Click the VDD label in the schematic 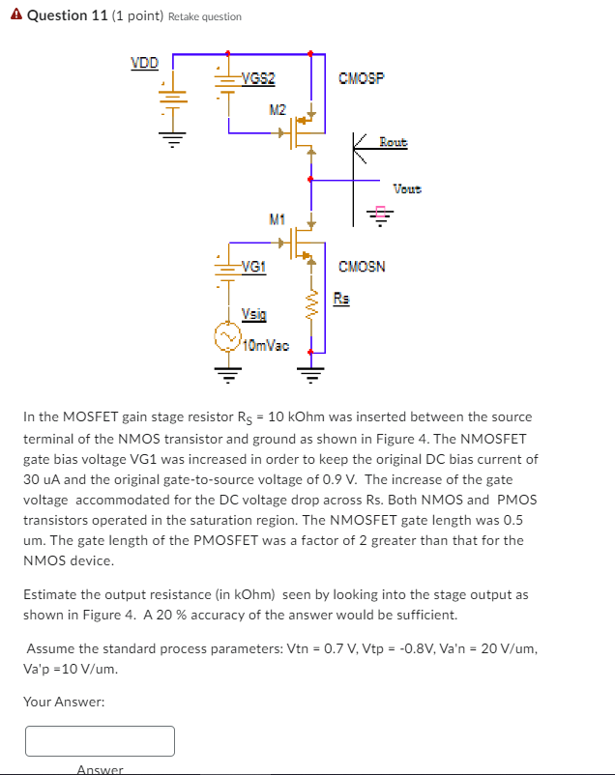click(x=144, y=64)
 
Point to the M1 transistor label click(x=278, y=219)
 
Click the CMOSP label click(x=362, y=77)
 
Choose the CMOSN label click(x=362, y=266)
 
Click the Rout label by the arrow click(x=393, y=143)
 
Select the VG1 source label click(x=254, y=266)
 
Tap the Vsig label click(x=253, y=314)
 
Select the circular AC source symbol click(x=227, y=337)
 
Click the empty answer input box click(x=100, y=741)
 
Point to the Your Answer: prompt click(x=64, y=702)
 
